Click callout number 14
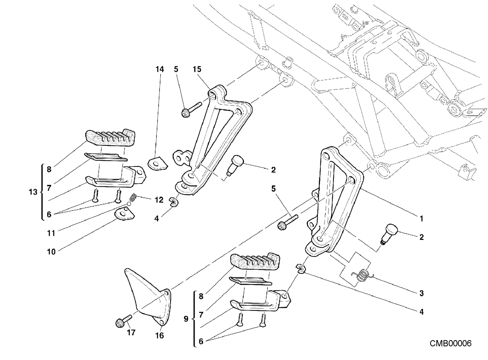tap(160, 69)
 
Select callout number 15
tap(197, 69)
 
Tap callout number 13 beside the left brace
tap(33, 192)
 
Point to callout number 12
tap(159, 200)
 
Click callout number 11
tap(51, 233)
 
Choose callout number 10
tap(52, 252)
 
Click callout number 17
tap(131, 333)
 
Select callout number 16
tap(160, 336)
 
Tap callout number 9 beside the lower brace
tap(186, 319)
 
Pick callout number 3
tap(422, 293)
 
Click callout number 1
tap(422, 218)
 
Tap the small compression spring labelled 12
tap(132, 198)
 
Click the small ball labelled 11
tap(129, 204)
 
